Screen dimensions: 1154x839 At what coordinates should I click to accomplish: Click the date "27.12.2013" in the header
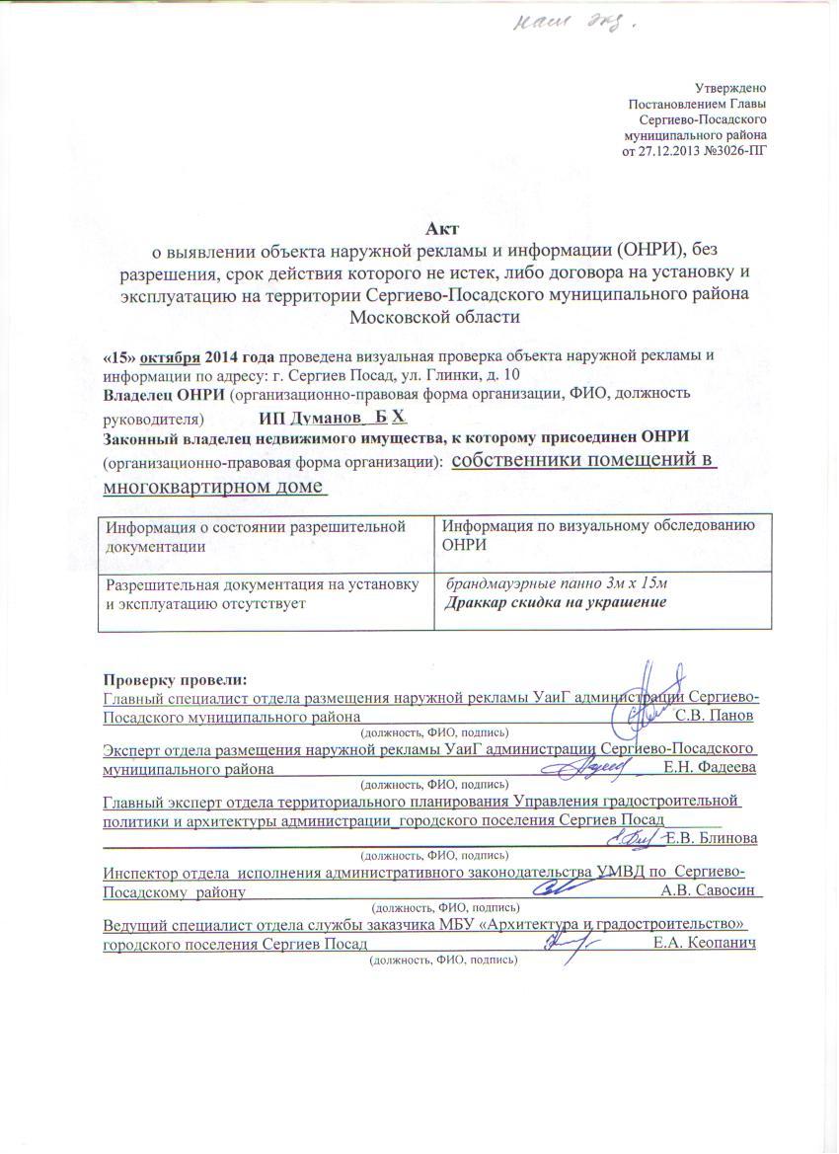671,150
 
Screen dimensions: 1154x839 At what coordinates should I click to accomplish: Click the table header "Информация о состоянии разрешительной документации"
256,536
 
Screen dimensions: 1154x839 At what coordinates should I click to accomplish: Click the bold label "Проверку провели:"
178,680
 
